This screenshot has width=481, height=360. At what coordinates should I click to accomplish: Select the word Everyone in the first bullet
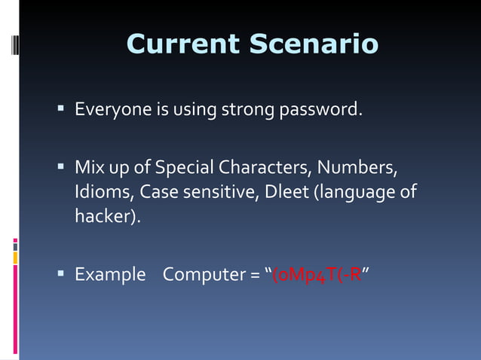click(112, 111)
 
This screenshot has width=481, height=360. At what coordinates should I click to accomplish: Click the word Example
click(110, 274)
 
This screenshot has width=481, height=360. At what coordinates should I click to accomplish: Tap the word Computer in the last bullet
click(201, 274)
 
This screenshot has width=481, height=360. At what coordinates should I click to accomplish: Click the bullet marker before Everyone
click(60, 110)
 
